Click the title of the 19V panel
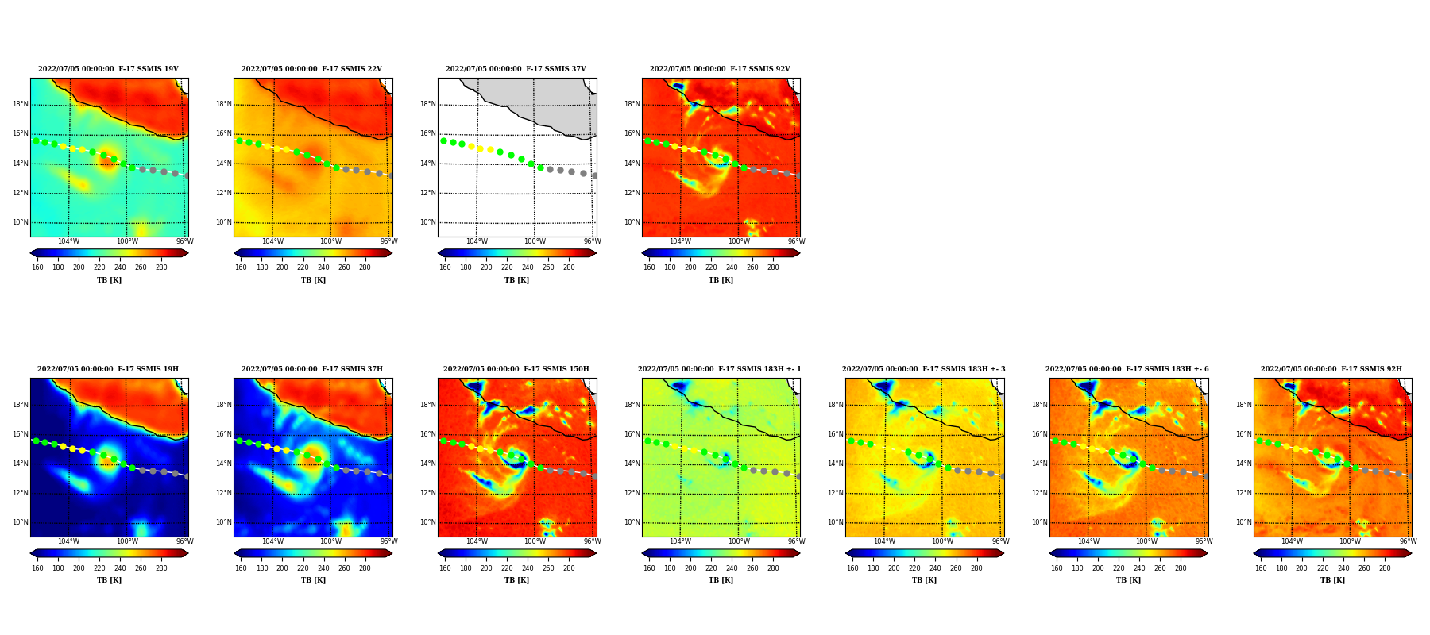pos(109,69)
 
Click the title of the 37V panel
pos(516,69)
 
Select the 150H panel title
pos(516,369)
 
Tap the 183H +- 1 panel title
pos(720,369)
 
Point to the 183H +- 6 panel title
pos(1127,369)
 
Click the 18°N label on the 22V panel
pos(224,104)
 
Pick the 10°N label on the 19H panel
pos(21,522)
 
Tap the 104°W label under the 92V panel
pos(680,241)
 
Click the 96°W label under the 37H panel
pos(388,541)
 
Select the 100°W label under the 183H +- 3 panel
pos(942,541)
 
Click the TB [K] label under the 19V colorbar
pos(110,280)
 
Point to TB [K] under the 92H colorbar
pos(1332,580)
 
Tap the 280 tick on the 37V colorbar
pos(569,267)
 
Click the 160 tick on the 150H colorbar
pos(445,568)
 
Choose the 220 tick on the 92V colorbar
pos(711,267)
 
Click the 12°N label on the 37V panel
pos(428,193)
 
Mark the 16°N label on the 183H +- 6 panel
pos(1040,434)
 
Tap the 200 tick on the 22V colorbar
pos(282,267)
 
